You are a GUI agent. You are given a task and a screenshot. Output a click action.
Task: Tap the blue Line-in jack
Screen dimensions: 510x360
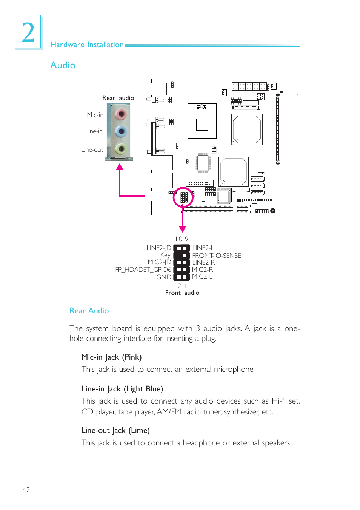coord(121,131)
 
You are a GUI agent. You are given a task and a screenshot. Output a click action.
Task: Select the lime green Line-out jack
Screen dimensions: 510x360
coord(121,149)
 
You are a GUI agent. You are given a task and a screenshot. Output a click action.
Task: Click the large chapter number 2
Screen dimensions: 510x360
coord(28,33)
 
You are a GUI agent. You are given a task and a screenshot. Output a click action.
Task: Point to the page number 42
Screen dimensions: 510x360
coord(26,490)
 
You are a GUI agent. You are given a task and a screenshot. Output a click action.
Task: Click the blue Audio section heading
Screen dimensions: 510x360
coord(63,65)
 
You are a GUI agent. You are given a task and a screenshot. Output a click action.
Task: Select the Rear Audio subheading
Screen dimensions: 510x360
coord(89,311)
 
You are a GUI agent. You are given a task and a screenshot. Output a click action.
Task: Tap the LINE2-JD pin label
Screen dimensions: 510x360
coord(158,248)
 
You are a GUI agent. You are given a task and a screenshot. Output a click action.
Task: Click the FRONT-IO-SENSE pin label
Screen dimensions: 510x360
coord(216,256)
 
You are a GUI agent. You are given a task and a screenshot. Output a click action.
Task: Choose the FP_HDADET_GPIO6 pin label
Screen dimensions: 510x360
coord(143,270)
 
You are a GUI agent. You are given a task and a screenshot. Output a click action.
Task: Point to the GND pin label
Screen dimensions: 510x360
coord(163,277)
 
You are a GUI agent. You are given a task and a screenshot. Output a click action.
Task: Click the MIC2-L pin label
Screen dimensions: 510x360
coord(202,276)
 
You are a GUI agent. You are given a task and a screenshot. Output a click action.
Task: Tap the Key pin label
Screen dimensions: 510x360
coord(165,255)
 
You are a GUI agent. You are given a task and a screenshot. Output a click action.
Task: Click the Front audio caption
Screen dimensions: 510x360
coord(182,293)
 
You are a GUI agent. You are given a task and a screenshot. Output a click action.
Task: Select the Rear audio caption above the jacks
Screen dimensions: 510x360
coord(118,98)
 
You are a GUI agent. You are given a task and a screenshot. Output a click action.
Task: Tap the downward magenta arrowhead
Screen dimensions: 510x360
coord(183,229)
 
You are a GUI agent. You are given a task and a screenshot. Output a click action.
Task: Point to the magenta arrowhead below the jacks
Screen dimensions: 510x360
coord(120,167)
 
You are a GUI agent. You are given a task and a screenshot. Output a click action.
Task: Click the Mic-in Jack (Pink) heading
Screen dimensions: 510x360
coord(111,357)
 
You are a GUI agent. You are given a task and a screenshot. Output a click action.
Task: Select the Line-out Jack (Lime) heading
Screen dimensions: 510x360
coord(115,430)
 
